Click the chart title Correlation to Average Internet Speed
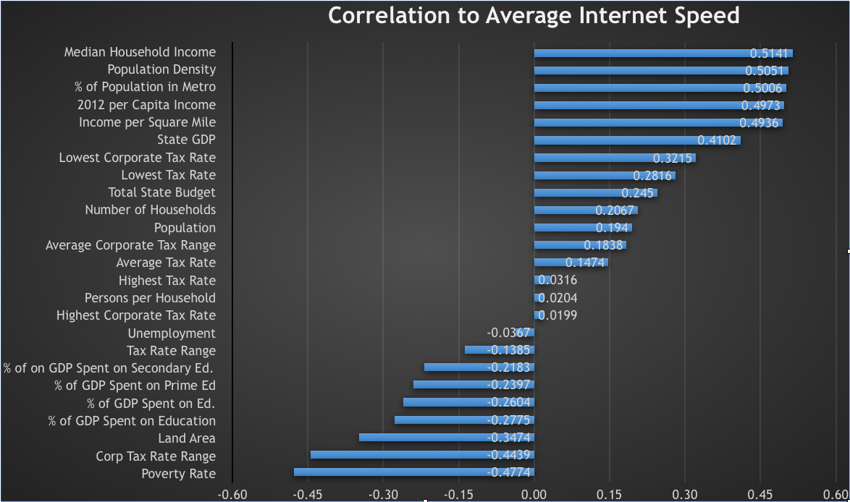(534, 15)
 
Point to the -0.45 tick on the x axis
(308, 495)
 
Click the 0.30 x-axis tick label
(684, 495)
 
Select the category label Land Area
(187, 438)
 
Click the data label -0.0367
(510, 333)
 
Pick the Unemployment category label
(172, 333)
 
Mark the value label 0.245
(638, 193)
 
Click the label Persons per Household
(150, 298)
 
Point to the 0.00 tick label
(534, 495)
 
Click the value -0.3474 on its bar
(510, 438)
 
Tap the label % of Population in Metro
(145, 87)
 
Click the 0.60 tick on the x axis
(835, 495)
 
